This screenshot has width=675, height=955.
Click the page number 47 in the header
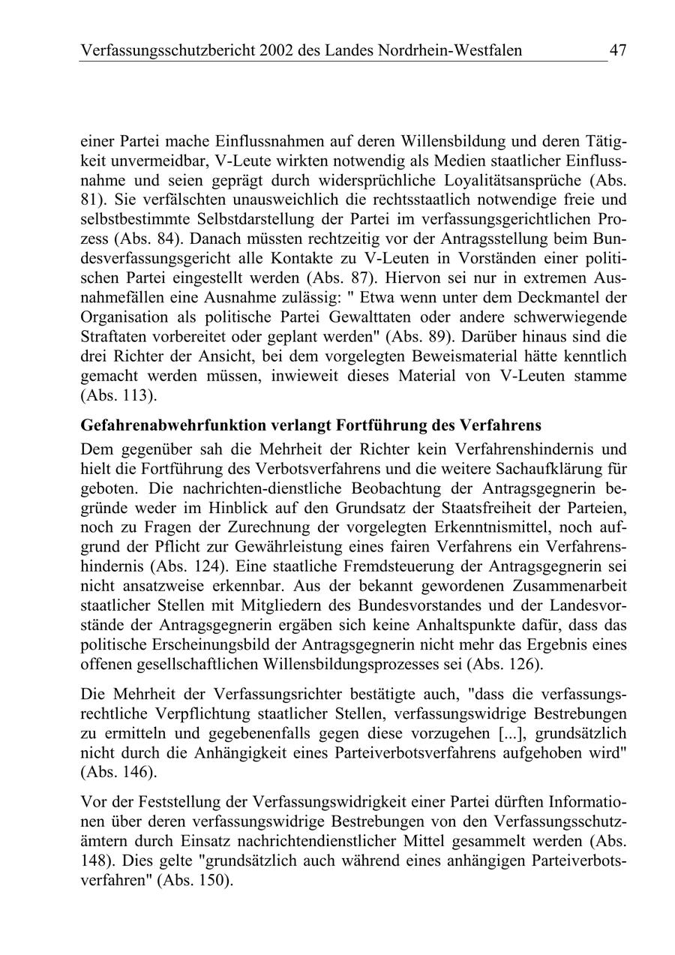[617, 50]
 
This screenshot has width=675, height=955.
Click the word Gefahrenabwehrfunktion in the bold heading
[165, 425]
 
